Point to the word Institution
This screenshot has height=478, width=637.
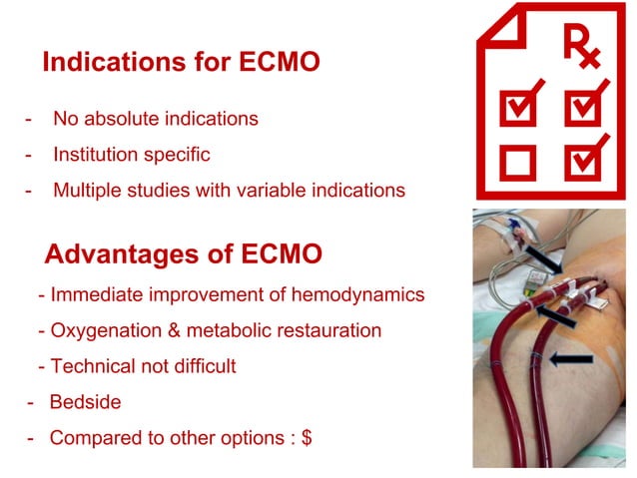93,155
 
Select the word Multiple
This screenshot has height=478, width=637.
87,190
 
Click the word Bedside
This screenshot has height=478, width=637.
85,401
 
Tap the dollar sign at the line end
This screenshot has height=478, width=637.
307,437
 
